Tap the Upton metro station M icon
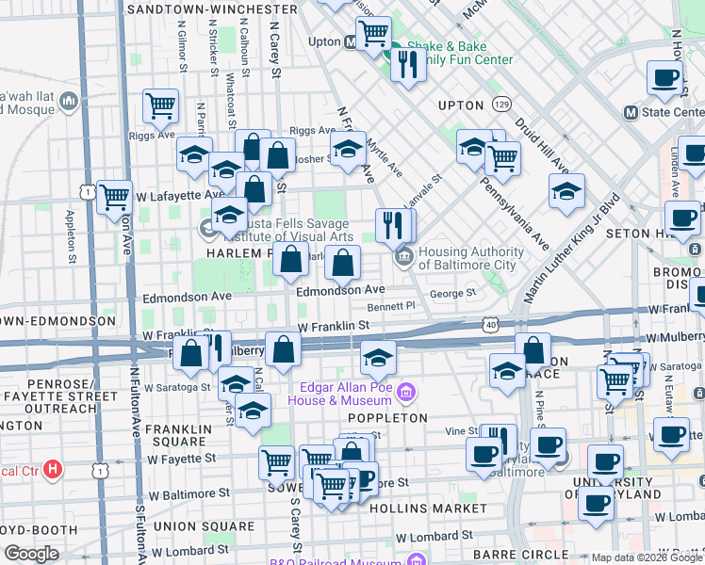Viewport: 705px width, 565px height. [x=350, y=42]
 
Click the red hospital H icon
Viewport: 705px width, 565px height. [x=53, y=467]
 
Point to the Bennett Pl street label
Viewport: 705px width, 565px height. [x=391, y=306]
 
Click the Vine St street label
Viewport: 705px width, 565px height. [x=462, y=430]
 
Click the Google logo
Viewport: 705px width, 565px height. [x=31, y=553]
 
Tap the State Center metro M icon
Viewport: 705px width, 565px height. [x=631, y=112]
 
